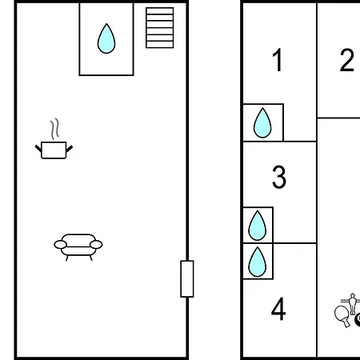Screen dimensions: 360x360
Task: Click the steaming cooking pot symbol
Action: coord(54,139)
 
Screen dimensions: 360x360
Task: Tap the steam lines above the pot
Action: coord(55,129)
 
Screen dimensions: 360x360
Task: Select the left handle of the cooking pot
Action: coord(38,148)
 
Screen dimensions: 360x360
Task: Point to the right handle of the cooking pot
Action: coord(70,149)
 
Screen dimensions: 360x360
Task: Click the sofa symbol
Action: coord(78,247)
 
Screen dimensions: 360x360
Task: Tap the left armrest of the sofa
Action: coord(61,244)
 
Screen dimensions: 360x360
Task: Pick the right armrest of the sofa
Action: coord(96,244)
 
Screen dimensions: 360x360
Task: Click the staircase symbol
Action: coord(160,28)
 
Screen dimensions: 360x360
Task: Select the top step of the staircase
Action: coord(160,11)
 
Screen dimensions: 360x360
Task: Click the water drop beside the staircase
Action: coord(106,38)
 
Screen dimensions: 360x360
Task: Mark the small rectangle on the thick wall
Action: coord(187,278)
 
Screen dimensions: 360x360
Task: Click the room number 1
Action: coord(278,60)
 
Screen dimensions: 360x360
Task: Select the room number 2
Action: coord(347,60)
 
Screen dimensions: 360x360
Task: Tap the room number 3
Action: coord(279,177)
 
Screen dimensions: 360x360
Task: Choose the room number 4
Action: coord(278,310)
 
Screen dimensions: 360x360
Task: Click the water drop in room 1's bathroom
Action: coord(262,123)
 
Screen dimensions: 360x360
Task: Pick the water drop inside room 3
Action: coord(258,226)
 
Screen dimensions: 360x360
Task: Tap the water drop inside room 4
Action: coord(258,262)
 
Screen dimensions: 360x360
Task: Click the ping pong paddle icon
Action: coord(342,316)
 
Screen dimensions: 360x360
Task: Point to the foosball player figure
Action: coord(353,304)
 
